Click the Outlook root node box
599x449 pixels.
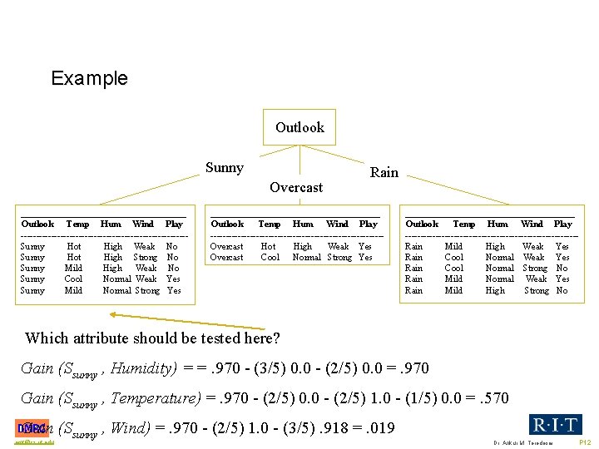299,127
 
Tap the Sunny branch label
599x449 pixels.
225,168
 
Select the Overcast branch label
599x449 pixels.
296,188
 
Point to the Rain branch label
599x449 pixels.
384,173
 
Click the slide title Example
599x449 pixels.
89,79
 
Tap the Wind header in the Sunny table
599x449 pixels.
143,224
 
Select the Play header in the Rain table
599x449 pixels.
563,224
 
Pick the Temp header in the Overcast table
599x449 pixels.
270,224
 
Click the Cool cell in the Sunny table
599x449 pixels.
73,279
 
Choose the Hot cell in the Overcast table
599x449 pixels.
268,246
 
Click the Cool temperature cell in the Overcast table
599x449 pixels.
270,257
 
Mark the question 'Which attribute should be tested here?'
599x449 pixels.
152,338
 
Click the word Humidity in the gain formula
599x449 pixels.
144,368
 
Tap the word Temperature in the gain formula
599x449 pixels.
155,398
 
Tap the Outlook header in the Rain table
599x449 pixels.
422,224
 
